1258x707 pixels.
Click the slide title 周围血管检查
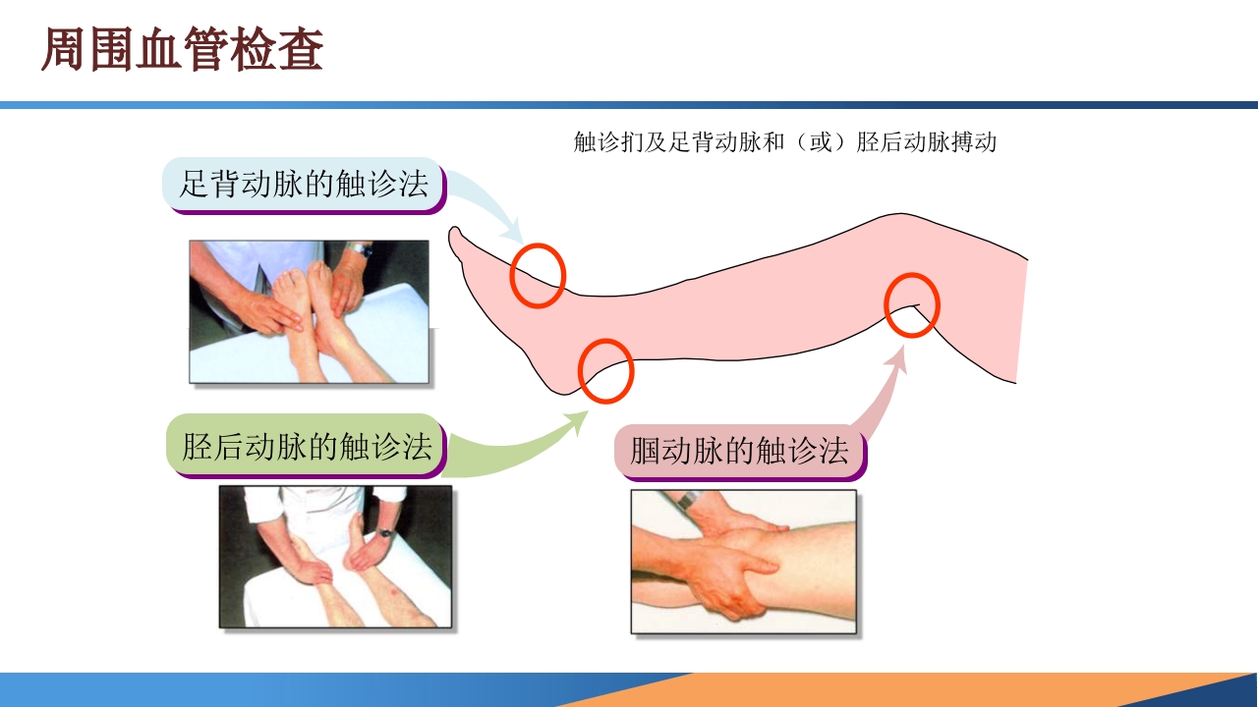point(182,51)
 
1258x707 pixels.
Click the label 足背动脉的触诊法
point(304,185)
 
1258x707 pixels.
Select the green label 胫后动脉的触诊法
point(307,447)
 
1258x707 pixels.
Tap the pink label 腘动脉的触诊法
point(739,452)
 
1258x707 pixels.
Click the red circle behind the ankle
point(604,371)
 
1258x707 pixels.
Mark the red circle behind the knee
point(912,305)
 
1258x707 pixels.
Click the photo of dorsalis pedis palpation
point(309,311)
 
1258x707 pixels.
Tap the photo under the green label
point(335,557)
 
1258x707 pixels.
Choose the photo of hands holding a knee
point(743,562)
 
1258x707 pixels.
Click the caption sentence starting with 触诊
point(784,142)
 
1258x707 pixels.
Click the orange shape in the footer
point(885,690)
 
